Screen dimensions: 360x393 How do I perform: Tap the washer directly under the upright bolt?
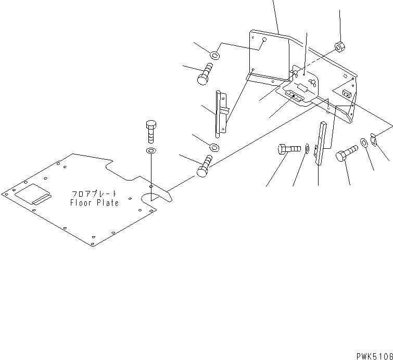(x=151, y=151)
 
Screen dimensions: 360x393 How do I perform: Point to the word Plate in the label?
(x=106, y=203)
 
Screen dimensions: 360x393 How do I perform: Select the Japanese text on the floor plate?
(x=94, y=194)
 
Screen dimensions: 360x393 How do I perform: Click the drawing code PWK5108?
(x=374, y=356)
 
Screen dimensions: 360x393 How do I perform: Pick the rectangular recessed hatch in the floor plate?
(x=33, y=196)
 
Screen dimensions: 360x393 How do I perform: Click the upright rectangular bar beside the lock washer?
(x=320, y=143)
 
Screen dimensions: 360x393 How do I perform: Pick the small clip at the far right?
(x=373, y=138)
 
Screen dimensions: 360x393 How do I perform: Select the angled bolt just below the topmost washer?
(x=204, y=73)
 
